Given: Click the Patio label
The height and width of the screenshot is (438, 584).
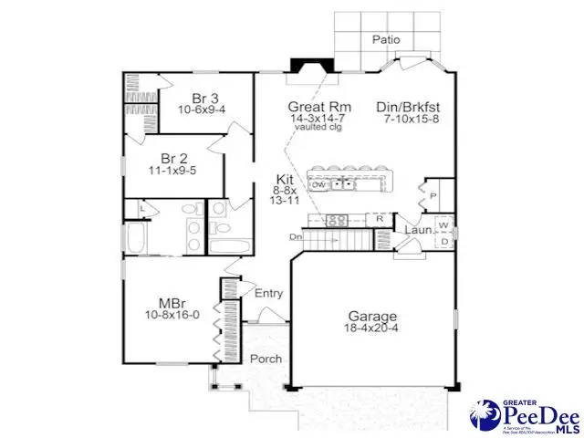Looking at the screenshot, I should coord(387,39).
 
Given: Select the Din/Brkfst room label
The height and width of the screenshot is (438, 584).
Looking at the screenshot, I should coord(410,106).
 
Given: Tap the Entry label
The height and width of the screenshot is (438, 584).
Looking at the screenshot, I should coord(268,293).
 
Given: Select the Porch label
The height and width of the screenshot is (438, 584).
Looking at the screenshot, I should coord(266,359).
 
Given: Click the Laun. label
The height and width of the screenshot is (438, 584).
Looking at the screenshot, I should coord(418,231).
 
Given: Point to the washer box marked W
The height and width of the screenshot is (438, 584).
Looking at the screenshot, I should coord(443,224).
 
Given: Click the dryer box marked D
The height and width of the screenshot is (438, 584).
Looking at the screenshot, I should coord(443,242).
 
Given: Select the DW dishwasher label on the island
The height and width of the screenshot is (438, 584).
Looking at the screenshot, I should coord(319,184).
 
